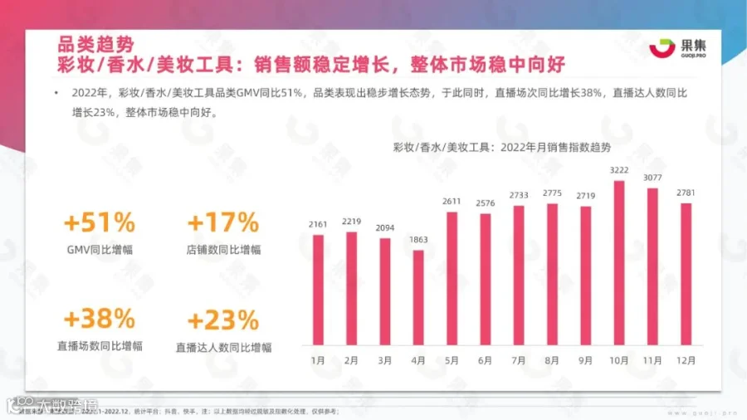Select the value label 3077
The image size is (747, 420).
[x=652, y=178]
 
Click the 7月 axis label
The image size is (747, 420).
[x=518, y=361]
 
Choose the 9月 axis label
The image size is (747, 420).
[x=584, y=361]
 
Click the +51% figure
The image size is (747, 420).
[x=100, y=223]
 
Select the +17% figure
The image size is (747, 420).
[x=223, y=223]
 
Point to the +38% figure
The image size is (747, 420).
[x=100, y=320]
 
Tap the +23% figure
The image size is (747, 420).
[x=223, y=320]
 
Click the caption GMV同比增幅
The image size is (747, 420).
[x=100, y=249]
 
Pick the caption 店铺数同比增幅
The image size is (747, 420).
[x=223, y=249]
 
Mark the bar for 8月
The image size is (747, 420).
[x=552, y=273]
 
